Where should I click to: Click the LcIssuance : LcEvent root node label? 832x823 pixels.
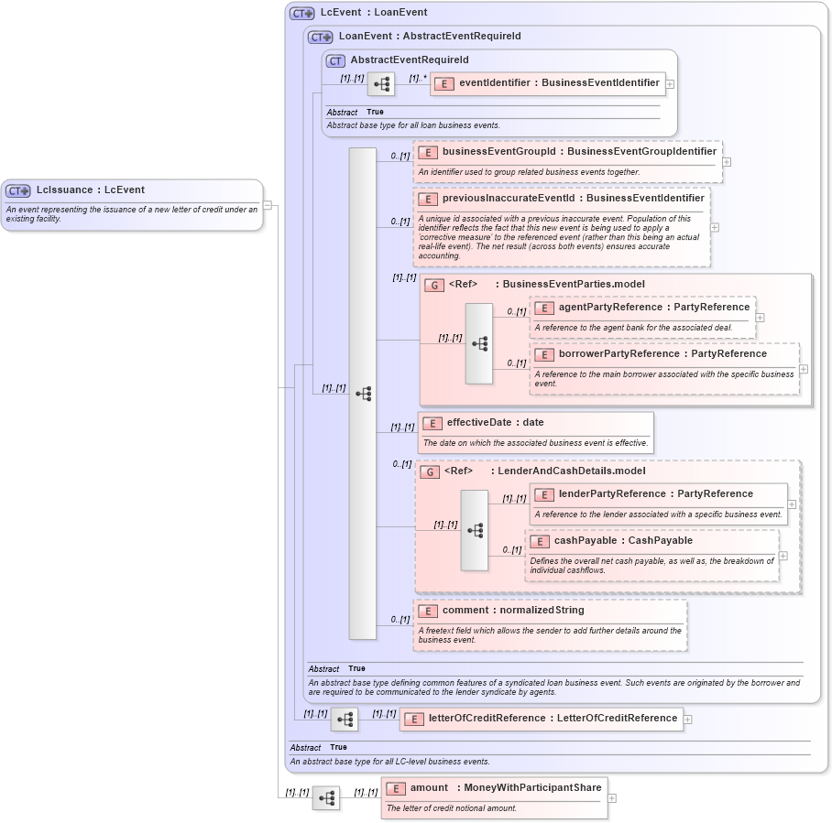tap(90, 190)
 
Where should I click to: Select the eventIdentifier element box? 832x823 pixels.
tap(547, 83)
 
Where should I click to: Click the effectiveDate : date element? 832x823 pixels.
tap(495, 423)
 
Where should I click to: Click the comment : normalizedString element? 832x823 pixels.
tap(512, 611)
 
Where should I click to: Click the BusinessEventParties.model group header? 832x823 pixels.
tap(573, 285)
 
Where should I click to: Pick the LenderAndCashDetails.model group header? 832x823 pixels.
tap(571, 471)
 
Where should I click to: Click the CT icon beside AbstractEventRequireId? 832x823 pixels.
tap(335, 60)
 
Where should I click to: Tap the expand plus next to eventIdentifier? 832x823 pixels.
tap(670, 83)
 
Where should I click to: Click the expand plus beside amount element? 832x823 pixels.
tap(612, 798)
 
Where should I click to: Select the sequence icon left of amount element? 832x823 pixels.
tap(325, 798)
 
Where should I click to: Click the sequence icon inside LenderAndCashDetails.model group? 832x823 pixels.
tap(475, 530)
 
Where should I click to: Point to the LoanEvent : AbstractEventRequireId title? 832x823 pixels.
tap(429, 37)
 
